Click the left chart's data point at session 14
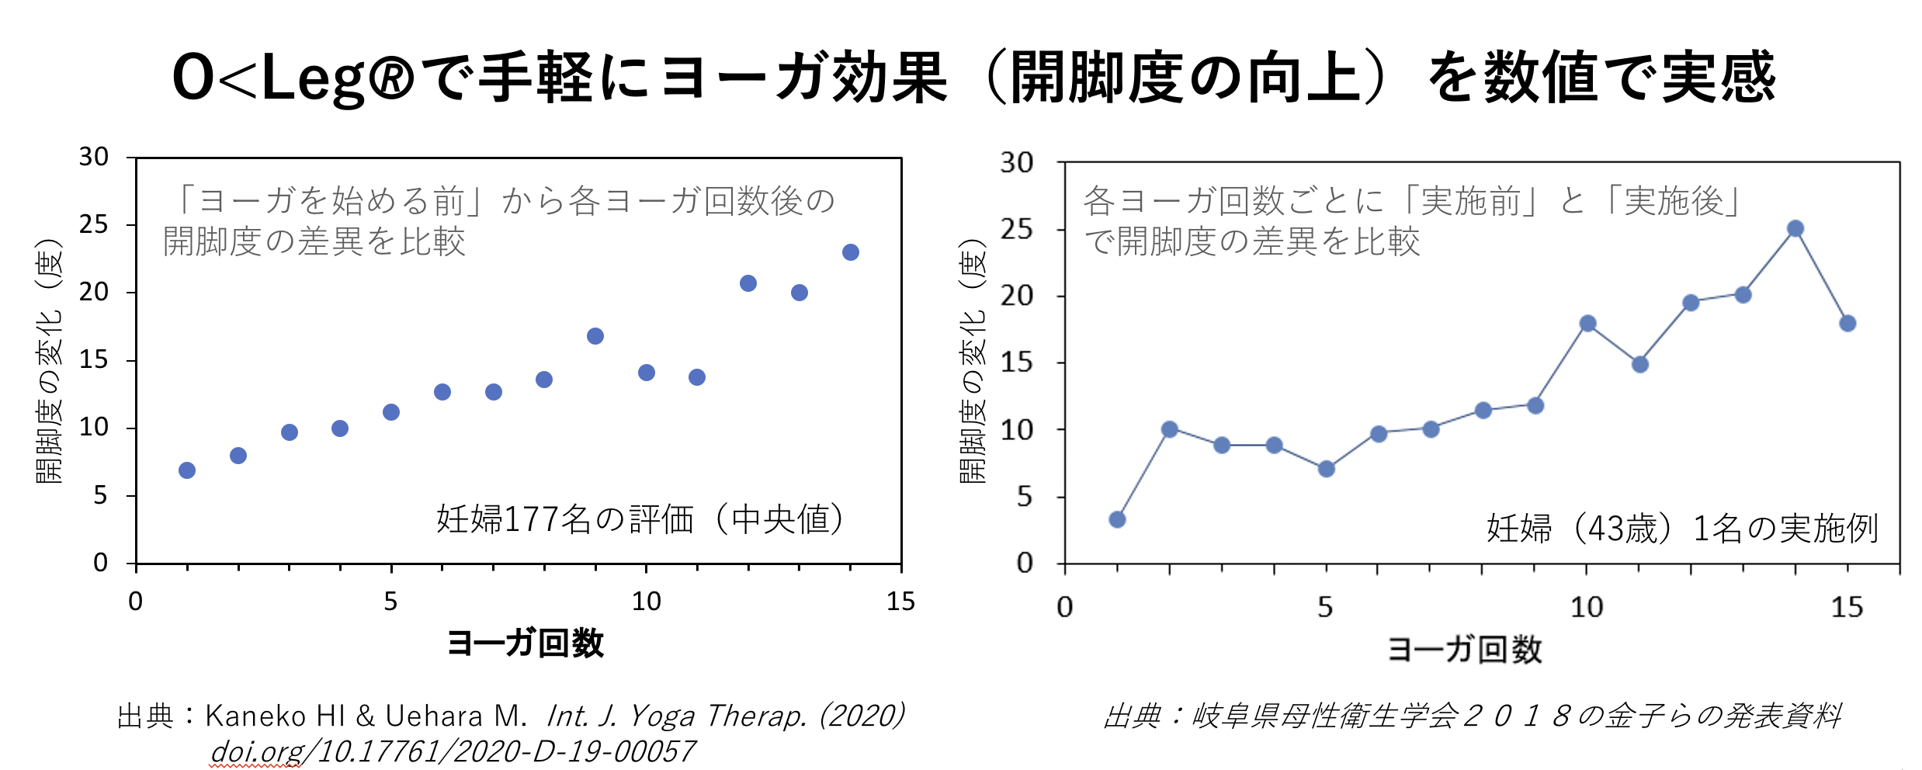coord(850,252)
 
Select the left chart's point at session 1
coord(187,470)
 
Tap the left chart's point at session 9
coord(595,336)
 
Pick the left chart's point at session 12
coord(748,283)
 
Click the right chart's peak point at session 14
coord(1795,228)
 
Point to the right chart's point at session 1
coord(1117,519)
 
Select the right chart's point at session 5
coord(1327,469)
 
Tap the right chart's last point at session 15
coord(1847,323)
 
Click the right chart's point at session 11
coord(1639,364)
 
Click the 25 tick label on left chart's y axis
coord(94,225)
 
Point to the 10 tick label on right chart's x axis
coord(1586,607)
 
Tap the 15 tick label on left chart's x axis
coord(900,602)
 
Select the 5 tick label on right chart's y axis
coord(1025,496)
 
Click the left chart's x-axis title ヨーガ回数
coord(526,643)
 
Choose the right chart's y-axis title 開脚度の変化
coord(973,362)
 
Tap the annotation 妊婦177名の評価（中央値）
coord(640,519)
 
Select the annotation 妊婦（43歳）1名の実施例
coord(1681,529)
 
